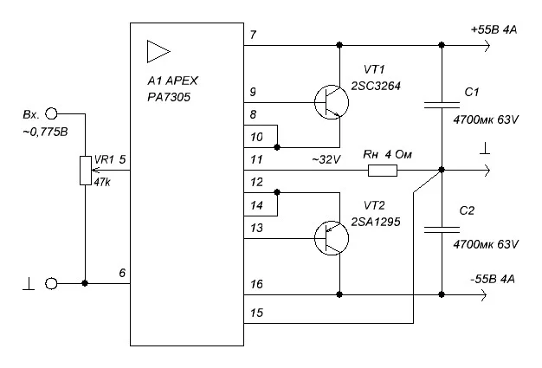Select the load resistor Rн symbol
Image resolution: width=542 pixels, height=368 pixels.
[383, 171]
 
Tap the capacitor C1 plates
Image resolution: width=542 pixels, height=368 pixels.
[442, 105]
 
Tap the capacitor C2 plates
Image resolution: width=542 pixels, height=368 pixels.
[442, 229]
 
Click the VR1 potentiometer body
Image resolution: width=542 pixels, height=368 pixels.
[86, 171]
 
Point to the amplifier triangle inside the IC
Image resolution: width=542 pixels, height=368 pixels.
[158, 51]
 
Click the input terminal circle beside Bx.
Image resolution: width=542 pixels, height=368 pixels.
[51, 113]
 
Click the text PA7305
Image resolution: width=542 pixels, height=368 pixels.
[169, 97]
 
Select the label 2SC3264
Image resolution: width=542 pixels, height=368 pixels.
[376, 86]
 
